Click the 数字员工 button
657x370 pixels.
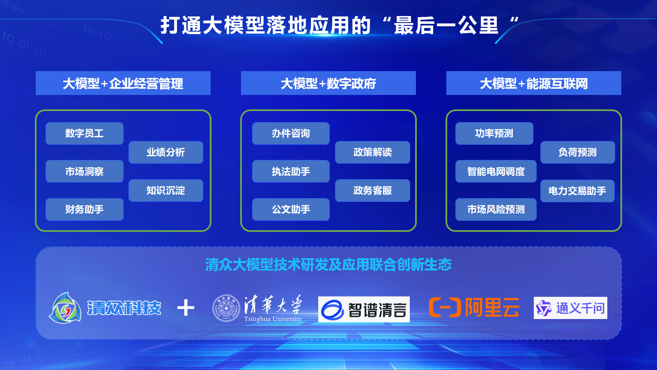85,133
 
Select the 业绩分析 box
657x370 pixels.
166,152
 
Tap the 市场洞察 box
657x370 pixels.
85,171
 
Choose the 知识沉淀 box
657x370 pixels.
166,190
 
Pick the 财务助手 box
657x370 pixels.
85,209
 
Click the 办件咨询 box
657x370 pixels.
291,133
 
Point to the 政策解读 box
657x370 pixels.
372,152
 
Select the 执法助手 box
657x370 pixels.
291,171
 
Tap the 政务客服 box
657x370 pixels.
372,190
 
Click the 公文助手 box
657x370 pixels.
291,209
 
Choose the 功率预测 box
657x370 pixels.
494,133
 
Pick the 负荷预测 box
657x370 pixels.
577,152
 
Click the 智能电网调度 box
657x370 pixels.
496,171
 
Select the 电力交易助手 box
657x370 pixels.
577,191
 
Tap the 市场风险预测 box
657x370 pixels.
496,209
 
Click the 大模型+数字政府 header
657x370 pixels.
328,83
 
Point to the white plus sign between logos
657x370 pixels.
186,308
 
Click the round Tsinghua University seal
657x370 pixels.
226,308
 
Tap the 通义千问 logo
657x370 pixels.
570,308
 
